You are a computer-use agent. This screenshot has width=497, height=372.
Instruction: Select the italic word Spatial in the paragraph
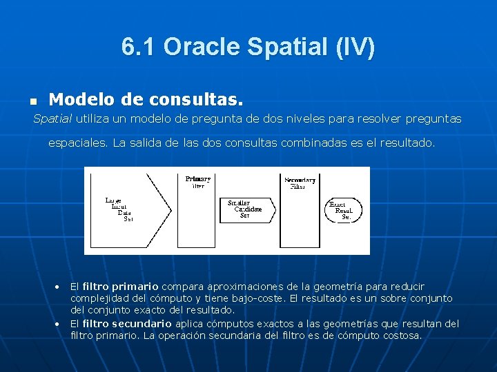pos(52,119)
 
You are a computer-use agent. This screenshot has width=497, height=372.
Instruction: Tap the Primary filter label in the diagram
pos(198,182)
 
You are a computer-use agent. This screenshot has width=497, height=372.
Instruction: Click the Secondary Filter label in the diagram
pos(300,183)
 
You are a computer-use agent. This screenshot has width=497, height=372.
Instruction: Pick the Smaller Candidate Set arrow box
pos(246,209)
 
